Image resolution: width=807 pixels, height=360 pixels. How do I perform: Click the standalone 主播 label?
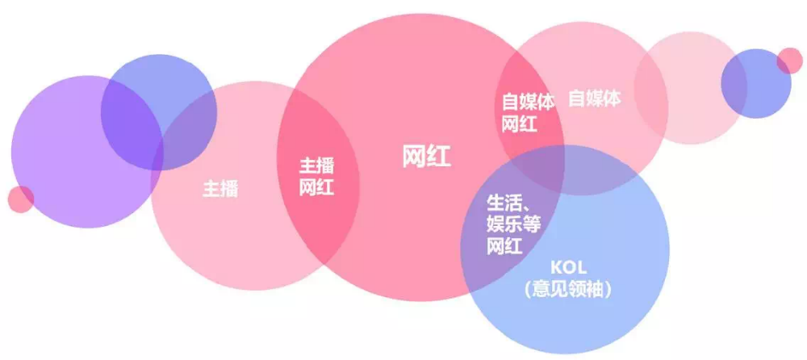point(220,190)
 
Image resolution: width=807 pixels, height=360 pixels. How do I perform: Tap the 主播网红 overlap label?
point(317,177)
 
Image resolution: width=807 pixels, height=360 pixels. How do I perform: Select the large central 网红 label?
point(426,156)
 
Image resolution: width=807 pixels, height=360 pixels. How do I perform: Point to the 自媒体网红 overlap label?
point(529,113)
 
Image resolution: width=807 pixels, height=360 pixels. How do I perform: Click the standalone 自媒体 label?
point(595,98)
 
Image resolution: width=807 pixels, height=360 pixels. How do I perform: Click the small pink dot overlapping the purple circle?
point(20,199)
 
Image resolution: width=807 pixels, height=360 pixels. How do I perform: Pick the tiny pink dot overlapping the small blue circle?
point(789,61)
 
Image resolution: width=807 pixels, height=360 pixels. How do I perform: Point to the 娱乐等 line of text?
point(512,224)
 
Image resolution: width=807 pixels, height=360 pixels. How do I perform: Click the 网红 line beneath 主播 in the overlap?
point(317,188)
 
